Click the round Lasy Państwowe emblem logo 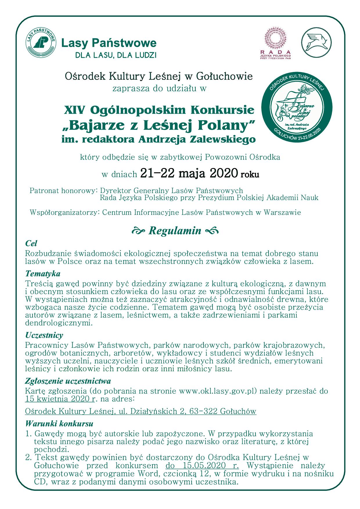[41, 43]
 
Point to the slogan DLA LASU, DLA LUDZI [116, 55]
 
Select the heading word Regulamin [175, 231]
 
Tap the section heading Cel [31, 243]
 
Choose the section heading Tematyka [43, 274]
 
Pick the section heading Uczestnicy [44, 335]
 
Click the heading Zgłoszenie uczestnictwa [68, 381]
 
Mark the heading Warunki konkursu [59, 423]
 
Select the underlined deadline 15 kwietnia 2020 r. [60, 398]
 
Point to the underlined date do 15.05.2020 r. [202, 466]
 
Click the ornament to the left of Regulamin [138, 231]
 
